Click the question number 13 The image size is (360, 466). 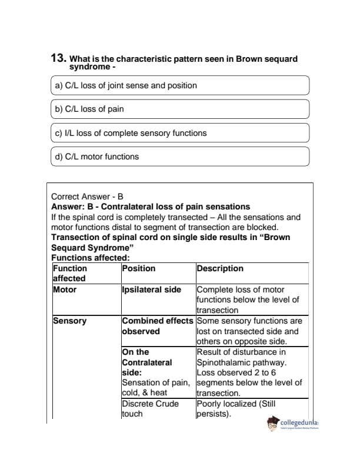(58, 59)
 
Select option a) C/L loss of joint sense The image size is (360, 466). (126, 85)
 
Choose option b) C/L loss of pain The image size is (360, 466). (89, 109)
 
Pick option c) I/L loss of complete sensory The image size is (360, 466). (131, 133)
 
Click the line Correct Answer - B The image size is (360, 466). (87, 197)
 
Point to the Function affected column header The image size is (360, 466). (70, 273)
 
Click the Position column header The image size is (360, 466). (139, 268)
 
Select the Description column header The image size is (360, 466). (219, 268)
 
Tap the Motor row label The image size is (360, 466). (65, 289)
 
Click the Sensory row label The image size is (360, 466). (69, 321)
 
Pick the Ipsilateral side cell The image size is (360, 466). (151, 289)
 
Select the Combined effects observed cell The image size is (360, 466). (157, 326)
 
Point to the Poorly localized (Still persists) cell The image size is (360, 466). (235, 409)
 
